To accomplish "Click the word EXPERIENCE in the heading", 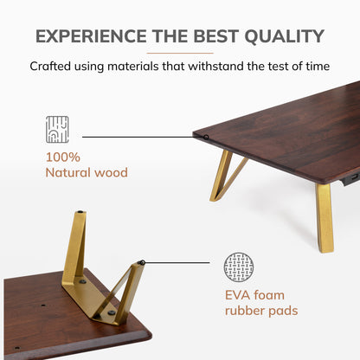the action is [x=91, y=36].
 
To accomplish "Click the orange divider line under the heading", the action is [x=180, y=53].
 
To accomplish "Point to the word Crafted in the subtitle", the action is [x=50, y=66].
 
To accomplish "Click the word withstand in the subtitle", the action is [x=215, y=66].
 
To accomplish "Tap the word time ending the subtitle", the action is [x=318, y=66].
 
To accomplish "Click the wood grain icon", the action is [x=57, y=130].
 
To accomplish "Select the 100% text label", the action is [x=63, y=157].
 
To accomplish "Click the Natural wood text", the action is [x=87, y=172].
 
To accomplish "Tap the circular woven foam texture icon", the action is [x=239, y=267].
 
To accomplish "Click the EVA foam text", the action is [x=254, y=295].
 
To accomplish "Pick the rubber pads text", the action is [x=261, y=311].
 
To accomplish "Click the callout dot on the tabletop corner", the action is [x=206, y=137].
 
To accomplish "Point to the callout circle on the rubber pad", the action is [x=142, y=262].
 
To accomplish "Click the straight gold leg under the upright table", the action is [x=325, y=218].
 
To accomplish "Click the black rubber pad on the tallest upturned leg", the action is [x=80, y=212].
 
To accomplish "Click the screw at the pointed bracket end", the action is [x=112, y=312].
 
